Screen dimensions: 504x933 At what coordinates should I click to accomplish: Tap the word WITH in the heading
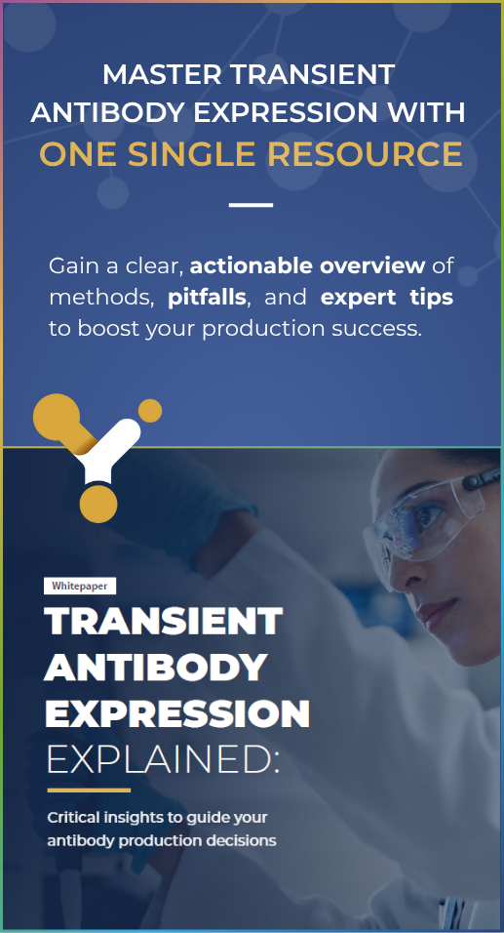(x=429, y=112)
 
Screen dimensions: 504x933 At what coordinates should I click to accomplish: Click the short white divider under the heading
(x=251, y=205)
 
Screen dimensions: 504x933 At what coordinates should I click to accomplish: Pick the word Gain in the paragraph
(x=74, y=266)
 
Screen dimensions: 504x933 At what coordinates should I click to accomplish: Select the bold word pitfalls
(x=207, y=298)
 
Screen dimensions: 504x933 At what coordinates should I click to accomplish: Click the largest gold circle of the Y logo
(x=57, y=417)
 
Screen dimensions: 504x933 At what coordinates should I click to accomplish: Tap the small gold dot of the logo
(x=150, y=411)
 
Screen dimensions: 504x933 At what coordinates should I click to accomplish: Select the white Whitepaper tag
(x=80, y=587)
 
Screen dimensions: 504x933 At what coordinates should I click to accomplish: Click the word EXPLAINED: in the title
(x=163, y=761)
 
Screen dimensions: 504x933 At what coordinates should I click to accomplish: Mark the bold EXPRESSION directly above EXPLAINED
(x=177, y=714)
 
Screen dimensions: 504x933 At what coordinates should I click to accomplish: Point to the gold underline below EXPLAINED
(x=89, y=791)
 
